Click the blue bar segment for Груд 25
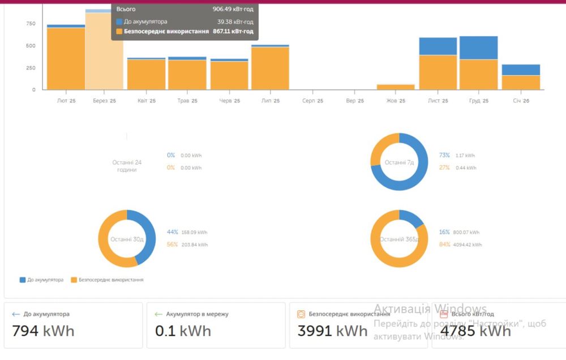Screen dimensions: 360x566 [478, 48]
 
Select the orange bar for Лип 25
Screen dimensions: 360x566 [270, 68]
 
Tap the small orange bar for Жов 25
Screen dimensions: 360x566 [396, 87]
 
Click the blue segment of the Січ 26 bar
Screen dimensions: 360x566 [521, 70]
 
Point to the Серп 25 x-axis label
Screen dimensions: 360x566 [312, 101]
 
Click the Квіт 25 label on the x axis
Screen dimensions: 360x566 [147, 101]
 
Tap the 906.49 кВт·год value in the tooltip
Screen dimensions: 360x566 [233, 10]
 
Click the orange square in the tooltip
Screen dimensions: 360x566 [119, 32]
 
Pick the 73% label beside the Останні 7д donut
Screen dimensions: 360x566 [444, 155]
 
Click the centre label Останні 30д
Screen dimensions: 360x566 [127, 239]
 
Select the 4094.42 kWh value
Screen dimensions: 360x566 [468, 245]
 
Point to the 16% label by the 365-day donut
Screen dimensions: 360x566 [444, 232]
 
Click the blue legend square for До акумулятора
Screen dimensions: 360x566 [23, 280]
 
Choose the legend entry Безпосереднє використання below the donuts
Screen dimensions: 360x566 [110, 280]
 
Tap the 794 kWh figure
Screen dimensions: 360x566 [43, 331]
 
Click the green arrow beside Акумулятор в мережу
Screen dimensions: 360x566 [158, 314]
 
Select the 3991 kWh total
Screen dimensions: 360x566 [332, 331]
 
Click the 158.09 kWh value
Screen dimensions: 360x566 [194, 232]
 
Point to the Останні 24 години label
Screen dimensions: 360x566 [127, 166]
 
